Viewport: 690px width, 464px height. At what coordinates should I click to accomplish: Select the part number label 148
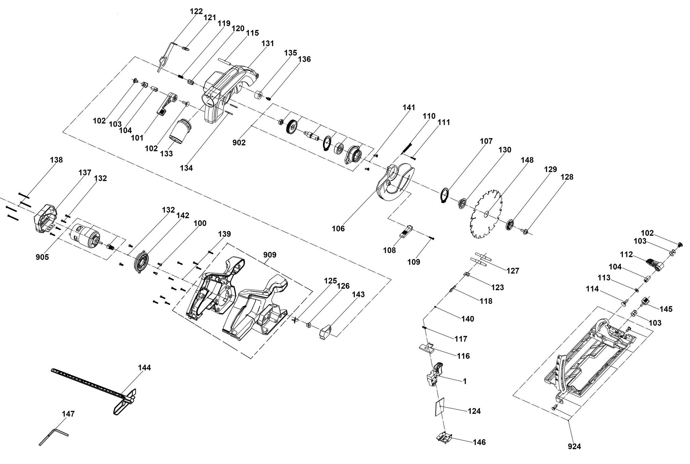point(527,160)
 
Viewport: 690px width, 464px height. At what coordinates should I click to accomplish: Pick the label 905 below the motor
point(42,257)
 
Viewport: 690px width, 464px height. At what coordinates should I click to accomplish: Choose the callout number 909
point(270,255)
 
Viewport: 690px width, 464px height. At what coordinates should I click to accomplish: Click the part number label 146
point(479,442)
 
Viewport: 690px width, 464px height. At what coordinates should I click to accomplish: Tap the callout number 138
point(56,160)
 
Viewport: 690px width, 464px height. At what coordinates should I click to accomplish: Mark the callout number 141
point(409,108)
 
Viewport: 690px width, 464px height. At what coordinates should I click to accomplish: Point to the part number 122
point(196,11)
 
